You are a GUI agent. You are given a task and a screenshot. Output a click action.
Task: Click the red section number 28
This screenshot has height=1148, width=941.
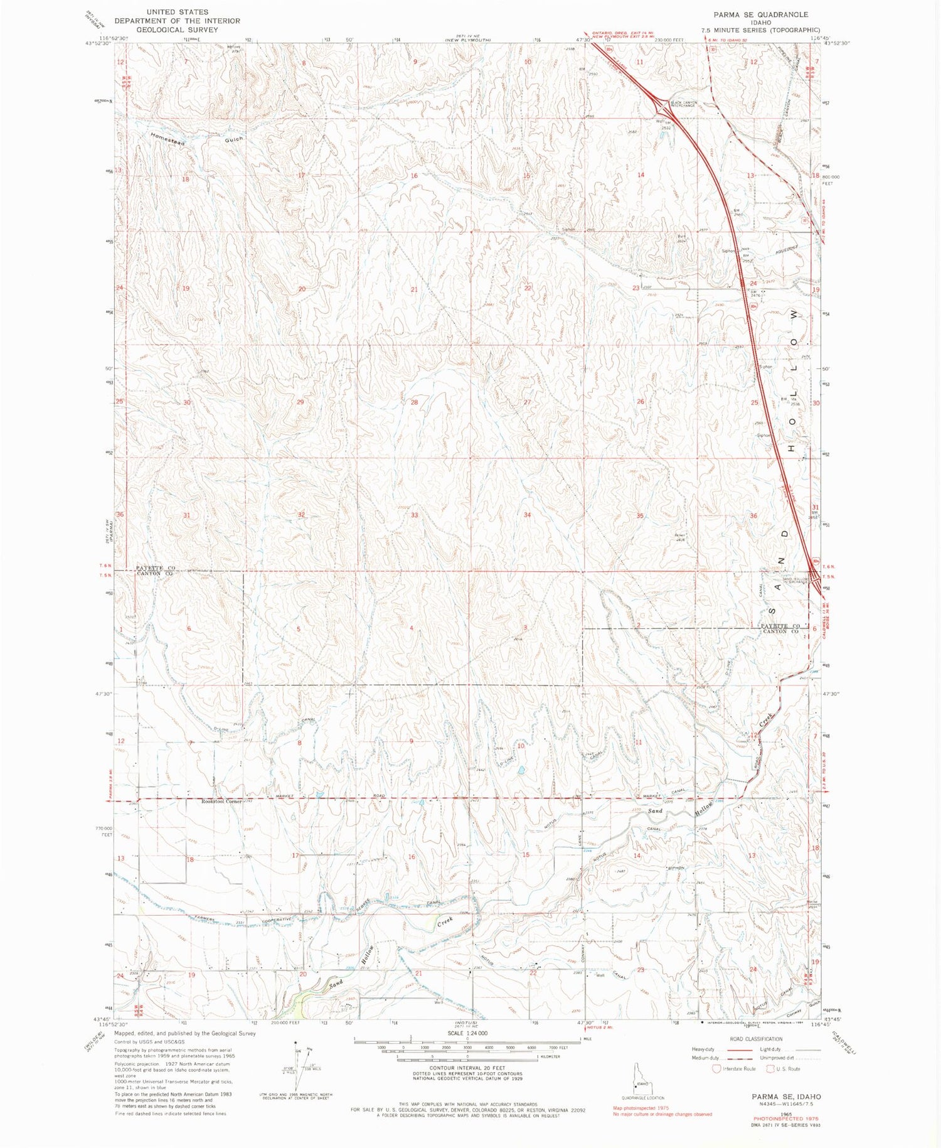point(414,402)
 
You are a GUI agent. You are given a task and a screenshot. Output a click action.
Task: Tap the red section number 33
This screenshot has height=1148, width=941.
point(414,515)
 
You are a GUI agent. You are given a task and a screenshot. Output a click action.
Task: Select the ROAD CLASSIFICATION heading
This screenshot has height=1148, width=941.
point(756,1039)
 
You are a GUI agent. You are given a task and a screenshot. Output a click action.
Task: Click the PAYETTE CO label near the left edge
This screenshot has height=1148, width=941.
point(155,567)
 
